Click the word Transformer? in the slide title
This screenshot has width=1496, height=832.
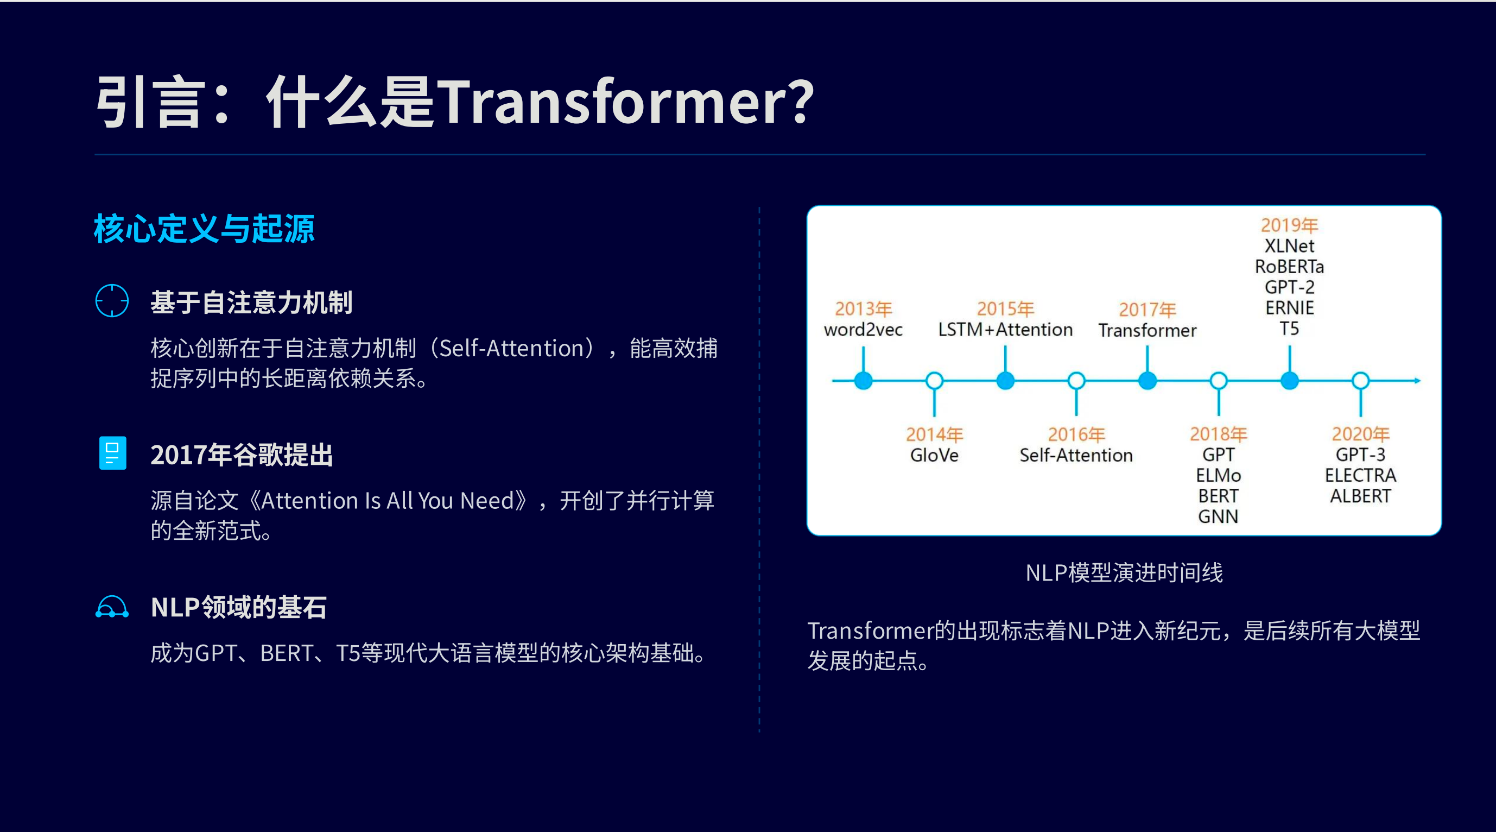625,102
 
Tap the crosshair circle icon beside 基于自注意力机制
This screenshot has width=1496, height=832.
112,300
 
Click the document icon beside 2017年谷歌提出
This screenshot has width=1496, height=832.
113,452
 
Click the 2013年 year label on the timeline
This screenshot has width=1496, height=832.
863,308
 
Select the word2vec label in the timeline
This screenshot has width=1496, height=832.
863,330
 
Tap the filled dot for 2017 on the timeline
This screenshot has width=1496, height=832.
1147,381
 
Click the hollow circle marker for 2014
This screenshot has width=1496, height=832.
934,381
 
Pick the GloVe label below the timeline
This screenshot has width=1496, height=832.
934,455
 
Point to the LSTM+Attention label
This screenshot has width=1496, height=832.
1005,330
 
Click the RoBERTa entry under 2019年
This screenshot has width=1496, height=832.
1289,267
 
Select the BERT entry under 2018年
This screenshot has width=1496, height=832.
1219,496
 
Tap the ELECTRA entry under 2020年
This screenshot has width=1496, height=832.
1360,475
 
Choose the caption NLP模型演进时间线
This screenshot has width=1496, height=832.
1124,573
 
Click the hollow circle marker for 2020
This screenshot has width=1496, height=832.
1360,381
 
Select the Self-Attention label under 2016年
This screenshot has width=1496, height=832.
1076,455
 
